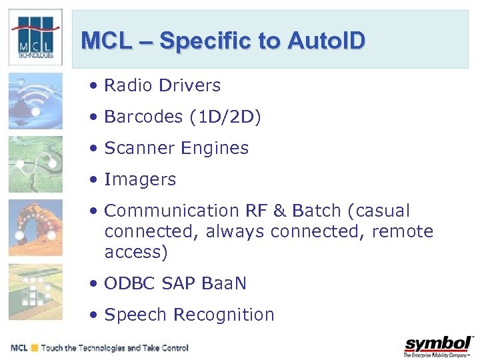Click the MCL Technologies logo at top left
point(36,37)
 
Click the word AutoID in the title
point(327,41)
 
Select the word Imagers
point(140,179)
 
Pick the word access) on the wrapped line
point(136,252)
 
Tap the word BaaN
point(222,283)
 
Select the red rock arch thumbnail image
point(35,228)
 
